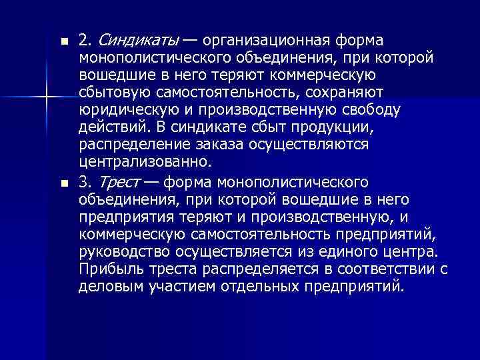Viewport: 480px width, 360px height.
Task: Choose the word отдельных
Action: [x=262, y=287]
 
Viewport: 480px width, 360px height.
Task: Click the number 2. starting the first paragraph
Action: [x=85, y=41]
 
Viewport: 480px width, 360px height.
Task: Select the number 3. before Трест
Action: [x=85, y=182]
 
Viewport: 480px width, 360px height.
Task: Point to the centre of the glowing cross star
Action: [x=47, y=99]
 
